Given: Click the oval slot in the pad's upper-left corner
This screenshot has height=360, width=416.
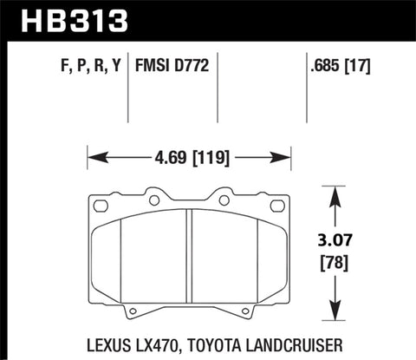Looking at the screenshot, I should pyautogui.click(x=102, y=206).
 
